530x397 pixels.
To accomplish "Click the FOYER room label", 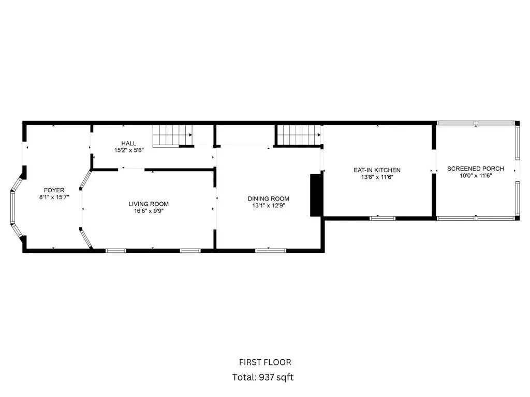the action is [x=54, y=190].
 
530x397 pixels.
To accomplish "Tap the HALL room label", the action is [x=129, y=144].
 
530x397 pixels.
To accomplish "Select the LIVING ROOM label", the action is [x=149, y=204].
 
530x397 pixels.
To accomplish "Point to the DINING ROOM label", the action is [x=269, y=198].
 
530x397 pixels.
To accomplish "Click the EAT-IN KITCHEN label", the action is [x=377, y=170].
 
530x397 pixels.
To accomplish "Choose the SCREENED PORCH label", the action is [x=476, y=169].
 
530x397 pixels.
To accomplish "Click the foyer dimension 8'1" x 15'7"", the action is [x=54, y=197].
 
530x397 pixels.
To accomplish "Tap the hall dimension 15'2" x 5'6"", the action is [x=129, y=150].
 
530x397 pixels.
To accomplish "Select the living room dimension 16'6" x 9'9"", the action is [x=149, y=211].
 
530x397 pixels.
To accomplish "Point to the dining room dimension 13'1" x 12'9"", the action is [x=269, y=206].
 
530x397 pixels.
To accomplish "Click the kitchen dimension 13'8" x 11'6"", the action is [x=377, y=177].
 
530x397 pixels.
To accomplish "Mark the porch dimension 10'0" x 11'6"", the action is [x=476, y=176].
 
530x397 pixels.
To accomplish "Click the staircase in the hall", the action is [x=172, y=136].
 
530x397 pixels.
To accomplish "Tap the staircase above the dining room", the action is [x=299, y=135].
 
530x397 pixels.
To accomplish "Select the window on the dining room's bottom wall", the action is [x=271, y=251].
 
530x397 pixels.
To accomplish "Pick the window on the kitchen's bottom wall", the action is [x=382, y=219].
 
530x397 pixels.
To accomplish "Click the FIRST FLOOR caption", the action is [x=265, y=362].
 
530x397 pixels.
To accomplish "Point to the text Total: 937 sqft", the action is [x=263, y=377].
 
